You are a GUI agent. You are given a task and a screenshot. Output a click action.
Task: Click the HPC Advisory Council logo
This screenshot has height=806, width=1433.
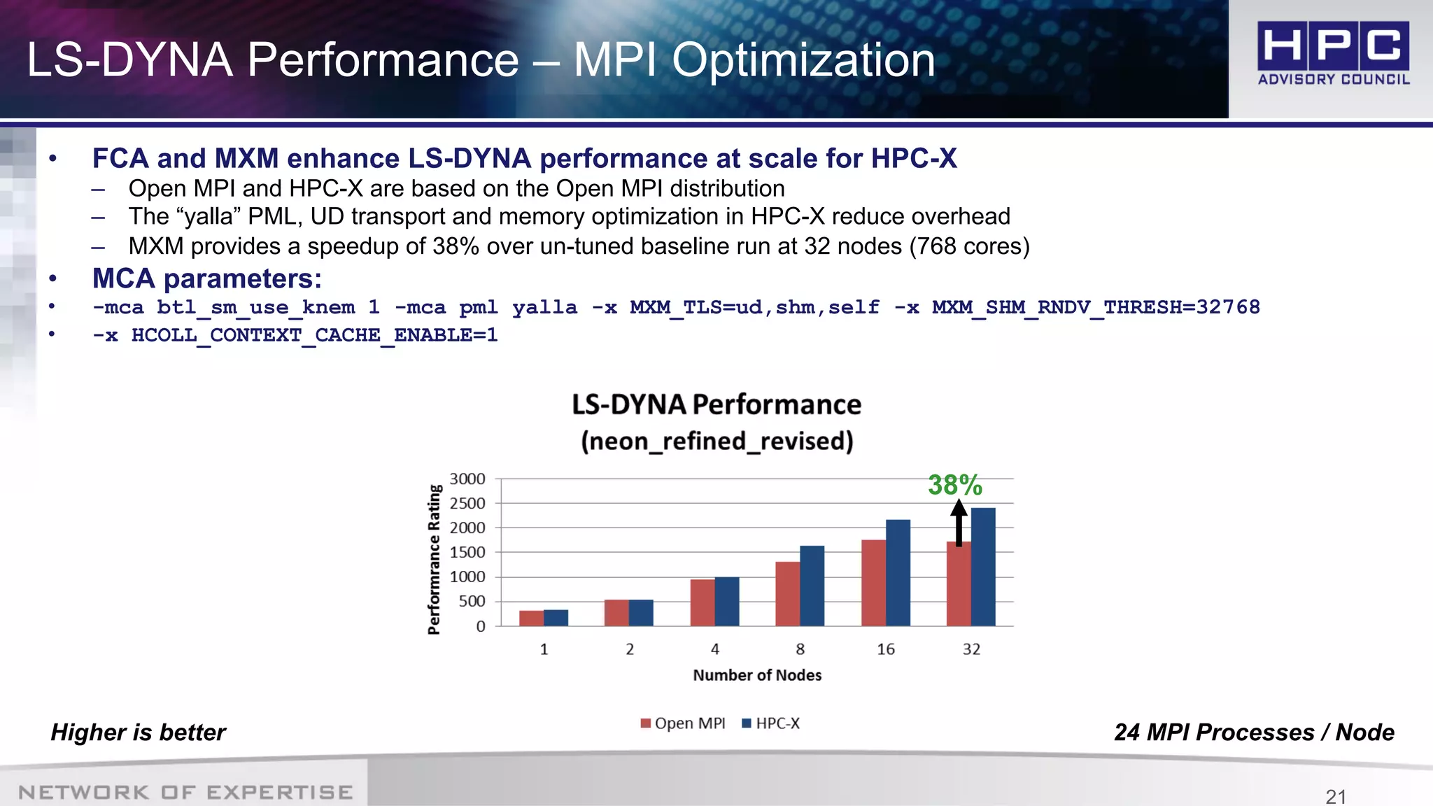coord(1333,53)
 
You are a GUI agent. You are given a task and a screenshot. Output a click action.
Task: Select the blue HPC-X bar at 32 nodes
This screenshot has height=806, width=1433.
coord(983,567)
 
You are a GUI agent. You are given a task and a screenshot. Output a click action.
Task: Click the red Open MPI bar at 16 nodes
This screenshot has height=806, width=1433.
coord(873,583)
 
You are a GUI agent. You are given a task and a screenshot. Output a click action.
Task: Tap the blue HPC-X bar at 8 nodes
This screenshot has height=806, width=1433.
coord(812,586)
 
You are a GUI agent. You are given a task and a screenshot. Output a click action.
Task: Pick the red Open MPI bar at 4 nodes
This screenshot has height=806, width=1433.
coord(703,602)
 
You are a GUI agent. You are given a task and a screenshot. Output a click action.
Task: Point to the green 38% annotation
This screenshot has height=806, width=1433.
coord(954,485)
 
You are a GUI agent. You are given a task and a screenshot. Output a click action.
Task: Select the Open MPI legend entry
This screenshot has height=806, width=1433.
coord(683,723)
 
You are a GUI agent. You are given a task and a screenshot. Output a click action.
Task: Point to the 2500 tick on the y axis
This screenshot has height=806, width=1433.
coord(467,504)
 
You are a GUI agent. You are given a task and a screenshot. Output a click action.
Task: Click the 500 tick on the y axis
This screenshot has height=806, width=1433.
coord(472,602)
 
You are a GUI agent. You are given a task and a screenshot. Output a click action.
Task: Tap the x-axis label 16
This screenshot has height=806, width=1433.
coord(886,649)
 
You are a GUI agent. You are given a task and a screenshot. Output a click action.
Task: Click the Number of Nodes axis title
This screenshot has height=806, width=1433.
coord(757,675)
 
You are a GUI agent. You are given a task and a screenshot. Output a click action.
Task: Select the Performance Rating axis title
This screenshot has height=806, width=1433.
coord(435,559)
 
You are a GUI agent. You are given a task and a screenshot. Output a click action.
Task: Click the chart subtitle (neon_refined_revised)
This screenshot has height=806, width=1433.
coord(716,441)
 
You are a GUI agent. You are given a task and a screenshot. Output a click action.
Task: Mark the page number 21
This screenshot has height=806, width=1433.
coord(1336,796)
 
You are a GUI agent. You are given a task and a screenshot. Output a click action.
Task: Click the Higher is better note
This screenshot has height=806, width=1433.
coord(138,733)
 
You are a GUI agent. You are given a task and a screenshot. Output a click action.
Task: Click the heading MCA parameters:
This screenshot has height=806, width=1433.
coord(207,279)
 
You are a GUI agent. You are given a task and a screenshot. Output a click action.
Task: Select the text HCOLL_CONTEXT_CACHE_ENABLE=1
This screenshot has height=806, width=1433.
coord(314,335)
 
